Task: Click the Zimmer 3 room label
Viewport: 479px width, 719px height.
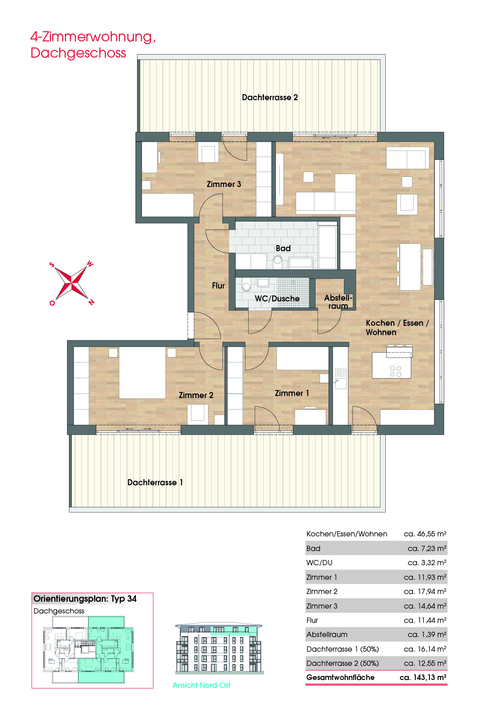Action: click(x=223, y=184)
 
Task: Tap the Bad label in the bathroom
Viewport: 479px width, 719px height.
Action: click(x=283, y=248)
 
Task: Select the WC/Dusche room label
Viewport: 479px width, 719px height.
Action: click(x=277, y=299)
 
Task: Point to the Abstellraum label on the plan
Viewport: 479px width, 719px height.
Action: click(x=338, y=302)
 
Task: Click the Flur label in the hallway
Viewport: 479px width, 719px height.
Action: click(x=218, y=286)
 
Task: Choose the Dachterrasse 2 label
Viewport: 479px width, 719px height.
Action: click(x=270, y=97)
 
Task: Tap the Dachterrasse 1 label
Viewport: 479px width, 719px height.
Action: click(x=155, y=482)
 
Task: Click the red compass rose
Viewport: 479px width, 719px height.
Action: click(x=72, y=283)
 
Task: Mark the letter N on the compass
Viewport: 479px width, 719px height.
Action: click(x=91, y=302)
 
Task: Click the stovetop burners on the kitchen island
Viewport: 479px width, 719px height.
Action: click(x=395, y=371)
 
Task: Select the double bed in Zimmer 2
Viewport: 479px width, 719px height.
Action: click(x=142, y=372)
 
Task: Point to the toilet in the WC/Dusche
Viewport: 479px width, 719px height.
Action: click(x=246, y=286)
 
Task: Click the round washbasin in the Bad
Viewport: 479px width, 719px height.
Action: click(x=278, y=260)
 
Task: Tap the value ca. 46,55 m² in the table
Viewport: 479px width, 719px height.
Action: click(x=425, y=534)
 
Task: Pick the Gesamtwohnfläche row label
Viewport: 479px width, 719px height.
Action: click(x=340, y=677)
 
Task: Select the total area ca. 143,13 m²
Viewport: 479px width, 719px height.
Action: click(x=423, y=677)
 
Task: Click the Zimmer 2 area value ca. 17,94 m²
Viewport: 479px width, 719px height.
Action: click(x=425, y=592)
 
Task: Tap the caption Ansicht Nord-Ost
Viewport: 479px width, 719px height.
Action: click(x=202, y=685)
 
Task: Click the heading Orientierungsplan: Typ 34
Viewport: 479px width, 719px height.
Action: click(x=85, y=599)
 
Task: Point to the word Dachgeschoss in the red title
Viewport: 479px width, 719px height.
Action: click(x=78, y=53)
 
